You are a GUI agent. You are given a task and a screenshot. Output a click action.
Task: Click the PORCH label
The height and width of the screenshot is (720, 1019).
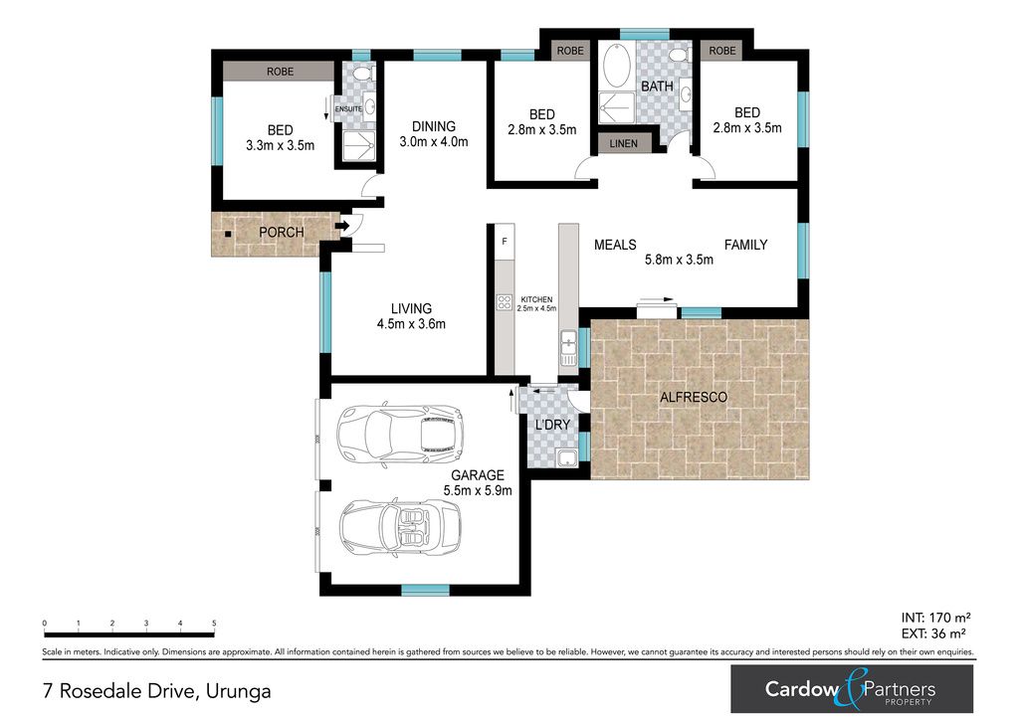click(281, 232)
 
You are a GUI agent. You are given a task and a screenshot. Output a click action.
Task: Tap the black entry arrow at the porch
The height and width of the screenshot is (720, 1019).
click(342, 226)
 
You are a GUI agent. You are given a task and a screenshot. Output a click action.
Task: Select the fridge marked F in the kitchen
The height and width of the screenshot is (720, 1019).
click(505, 242)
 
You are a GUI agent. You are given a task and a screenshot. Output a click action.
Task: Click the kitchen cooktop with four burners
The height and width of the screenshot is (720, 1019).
click(505, 302)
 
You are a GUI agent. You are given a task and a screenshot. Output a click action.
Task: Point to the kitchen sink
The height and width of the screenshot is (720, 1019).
click(568, 347)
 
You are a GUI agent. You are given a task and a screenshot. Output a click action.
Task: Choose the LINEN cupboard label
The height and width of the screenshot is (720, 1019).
click(623, 143)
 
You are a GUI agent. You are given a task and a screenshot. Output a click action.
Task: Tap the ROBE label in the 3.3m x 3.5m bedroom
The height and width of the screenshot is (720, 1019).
click(280, 72)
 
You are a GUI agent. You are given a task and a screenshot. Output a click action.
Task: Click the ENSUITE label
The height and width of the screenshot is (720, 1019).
click(348, 109)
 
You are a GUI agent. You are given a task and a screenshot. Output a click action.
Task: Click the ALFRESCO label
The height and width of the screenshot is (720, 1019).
click(694, 397)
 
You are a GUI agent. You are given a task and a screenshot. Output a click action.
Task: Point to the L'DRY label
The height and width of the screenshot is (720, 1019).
click(552, 425)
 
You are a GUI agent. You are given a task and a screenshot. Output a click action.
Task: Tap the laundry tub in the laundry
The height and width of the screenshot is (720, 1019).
click(567, 457)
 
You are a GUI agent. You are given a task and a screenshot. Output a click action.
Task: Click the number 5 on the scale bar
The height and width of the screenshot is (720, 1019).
click(214, 624)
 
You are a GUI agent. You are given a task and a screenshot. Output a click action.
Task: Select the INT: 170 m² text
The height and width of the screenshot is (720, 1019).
click(935, 618)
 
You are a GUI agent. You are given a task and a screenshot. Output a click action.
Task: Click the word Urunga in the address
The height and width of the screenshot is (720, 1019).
click(238, 691)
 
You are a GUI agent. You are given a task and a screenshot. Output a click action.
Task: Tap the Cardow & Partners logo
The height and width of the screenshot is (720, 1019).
click(852, 689)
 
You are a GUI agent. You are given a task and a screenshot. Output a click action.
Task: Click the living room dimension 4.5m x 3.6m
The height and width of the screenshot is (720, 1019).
click(411, 323)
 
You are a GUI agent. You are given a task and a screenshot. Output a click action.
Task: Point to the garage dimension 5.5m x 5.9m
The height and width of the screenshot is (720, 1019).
click(478, 490)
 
